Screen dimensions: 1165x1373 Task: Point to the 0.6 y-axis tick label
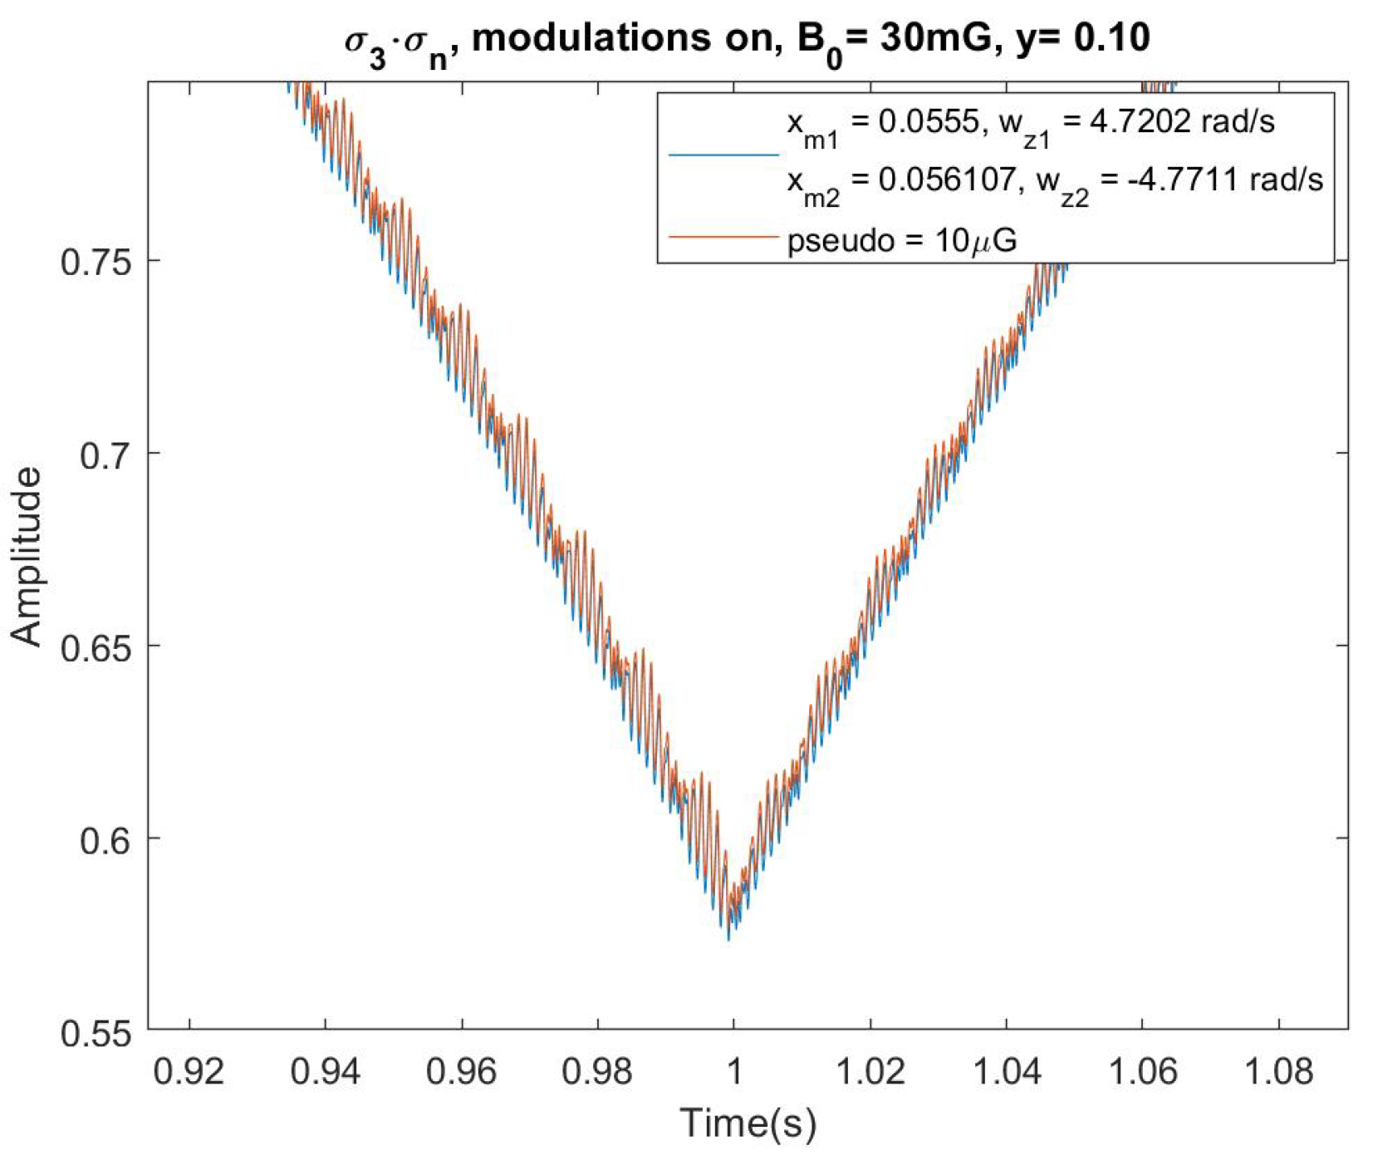tap(105, 839)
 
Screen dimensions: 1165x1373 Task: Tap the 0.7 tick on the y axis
tap(105, 455)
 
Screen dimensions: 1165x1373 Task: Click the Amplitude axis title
tap(27, 556)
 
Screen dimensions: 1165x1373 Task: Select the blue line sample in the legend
tap(723, 155)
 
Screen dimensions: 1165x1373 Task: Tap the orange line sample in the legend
tap(723, 238)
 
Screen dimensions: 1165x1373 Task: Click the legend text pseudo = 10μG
tap(901, 240)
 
